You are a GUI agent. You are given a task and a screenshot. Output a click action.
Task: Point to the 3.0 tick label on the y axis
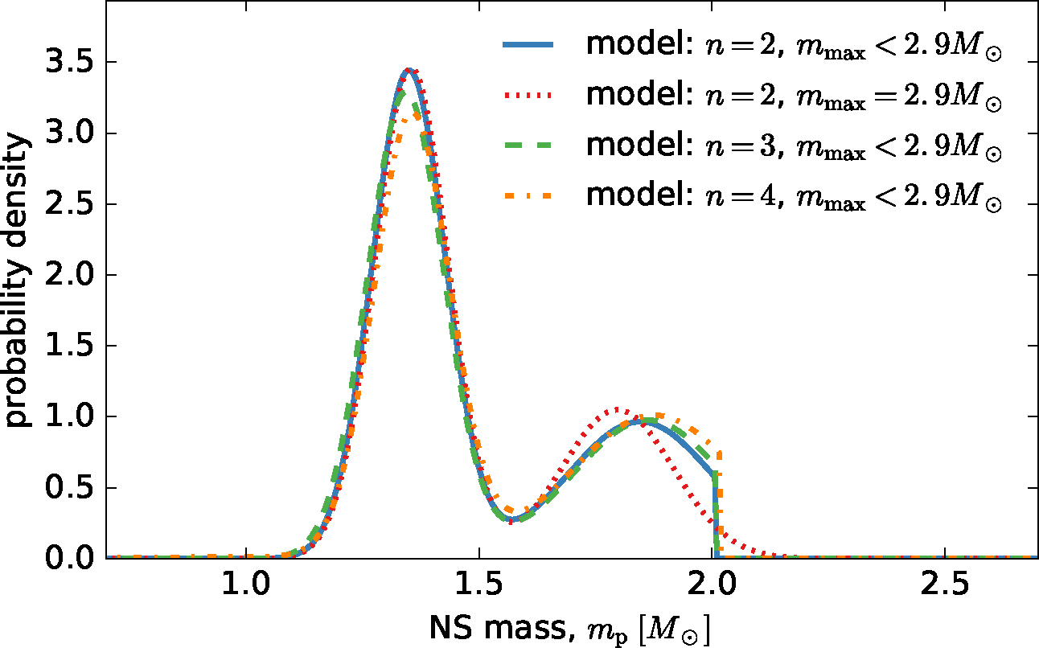pyautogui.click(x=68, y=133)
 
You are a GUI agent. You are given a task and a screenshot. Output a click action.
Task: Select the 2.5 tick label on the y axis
pyautogui.click(x=68, y=204)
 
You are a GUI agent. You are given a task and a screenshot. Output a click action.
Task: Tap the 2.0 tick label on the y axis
pyautogui.click(x=68, y=275)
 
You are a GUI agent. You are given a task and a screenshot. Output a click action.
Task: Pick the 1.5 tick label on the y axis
pyautogui.click(x=68, y=346)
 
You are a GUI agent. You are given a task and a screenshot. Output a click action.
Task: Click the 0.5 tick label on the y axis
pyautogui.click(x=68, y=487)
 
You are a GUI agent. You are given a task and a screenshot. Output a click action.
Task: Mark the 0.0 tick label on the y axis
pyautogui.click(x=68, y=558)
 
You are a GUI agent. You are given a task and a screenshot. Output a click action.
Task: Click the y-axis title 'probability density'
pyautogui.click(x=19, y=281)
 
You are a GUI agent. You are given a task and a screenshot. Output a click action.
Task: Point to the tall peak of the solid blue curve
pyautogui.click(x=409, y=70)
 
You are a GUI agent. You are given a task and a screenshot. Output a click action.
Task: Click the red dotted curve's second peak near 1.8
pyautogui.click(x=618, y=409)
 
